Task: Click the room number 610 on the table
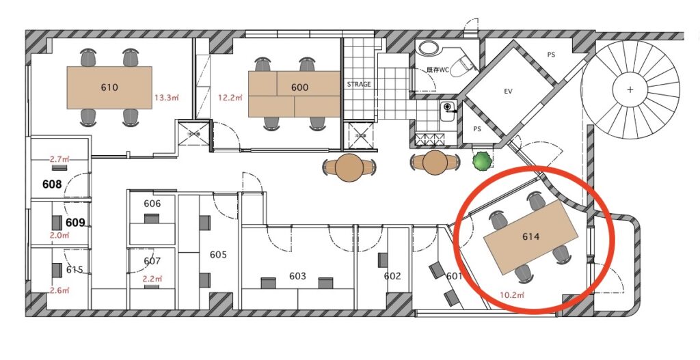tap(109, 87)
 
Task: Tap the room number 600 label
tap(299, 87)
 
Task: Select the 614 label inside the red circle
tap(530, 236)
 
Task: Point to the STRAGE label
tap(359, 84)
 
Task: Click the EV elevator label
tap(508, 92)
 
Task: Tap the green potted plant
tap(482, 161)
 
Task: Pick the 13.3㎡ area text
tap(167, 98)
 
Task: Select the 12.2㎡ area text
tap(230, 98)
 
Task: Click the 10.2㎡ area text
tap(512, 295)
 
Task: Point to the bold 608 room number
tap(52, 184)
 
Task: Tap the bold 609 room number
tap(75, 222)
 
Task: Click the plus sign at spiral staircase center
tap(630, 89)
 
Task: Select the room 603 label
tap(297, 276)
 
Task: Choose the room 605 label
tap(218, 255)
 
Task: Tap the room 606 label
tap(152, 204)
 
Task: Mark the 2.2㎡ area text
tap(152, 279)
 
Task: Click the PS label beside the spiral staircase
tap(552, 55)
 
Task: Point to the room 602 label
tap(392, 276)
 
